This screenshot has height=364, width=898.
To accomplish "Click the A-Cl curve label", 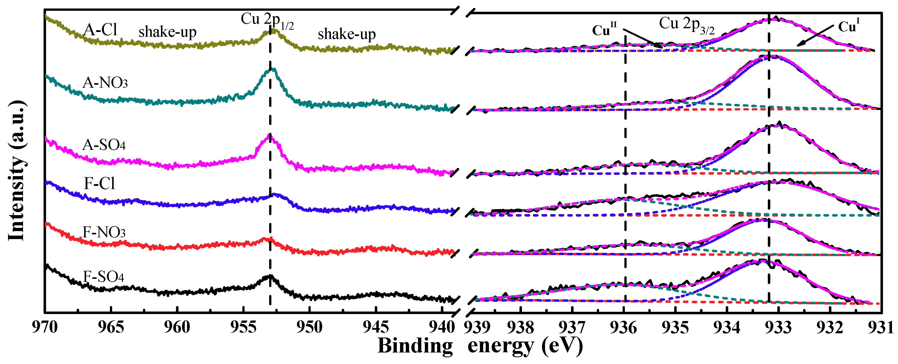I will pos(100,30).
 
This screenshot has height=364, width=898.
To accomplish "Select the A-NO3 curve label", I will pos(105,83).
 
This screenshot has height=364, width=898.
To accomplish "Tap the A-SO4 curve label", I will pos(104,145).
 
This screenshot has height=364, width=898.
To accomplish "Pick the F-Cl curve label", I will pos(99,184).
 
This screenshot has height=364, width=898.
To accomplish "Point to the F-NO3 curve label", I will pos(104,232).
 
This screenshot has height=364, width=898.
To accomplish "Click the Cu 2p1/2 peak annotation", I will pos(267,20).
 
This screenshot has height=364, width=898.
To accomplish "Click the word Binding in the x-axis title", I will pos(415,346).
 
